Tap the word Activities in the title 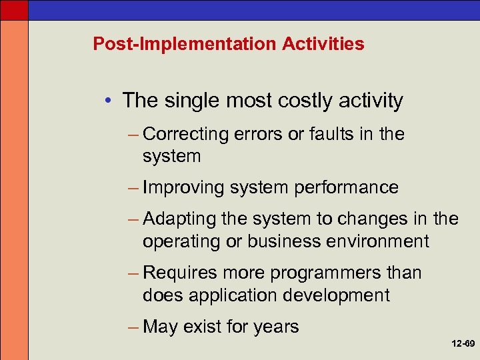coord(323,45)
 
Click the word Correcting coord(186,134)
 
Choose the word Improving coord(184,188)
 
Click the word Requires coord(180,273)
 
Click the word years coord(276,327)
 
